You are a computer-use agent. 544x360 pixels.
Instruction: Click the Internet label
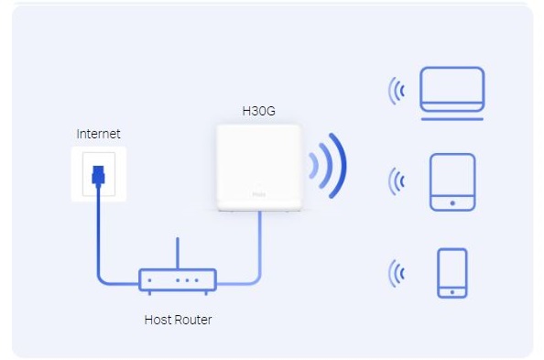(x=98, y=134)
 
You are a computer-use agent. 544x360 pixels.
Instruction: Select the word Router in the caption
(x=193, y=320)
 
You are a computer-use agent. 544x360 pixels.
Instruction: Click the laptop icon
(x=452, y=91)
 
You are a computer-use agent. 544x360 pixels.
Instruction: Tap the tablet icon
(x=452, y=181)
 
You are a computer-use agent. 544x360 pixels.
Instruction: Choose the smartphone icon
(x=452, y=272)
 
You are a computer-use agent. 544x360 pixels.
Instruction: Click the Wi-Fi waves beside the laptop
(x=397, y=90)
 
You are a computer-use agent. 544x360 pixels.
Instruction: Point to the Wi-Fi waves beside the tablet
(x=397, y=180)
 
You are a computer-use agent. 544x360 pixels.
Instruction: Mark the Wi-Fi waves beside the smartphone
(x=397, y=272)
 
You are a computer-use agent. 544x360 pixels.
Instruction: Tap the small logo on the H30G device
(x=260, y=195)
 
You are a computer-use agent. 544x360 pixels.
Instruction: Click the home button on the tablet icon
(x=452, y=201)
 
